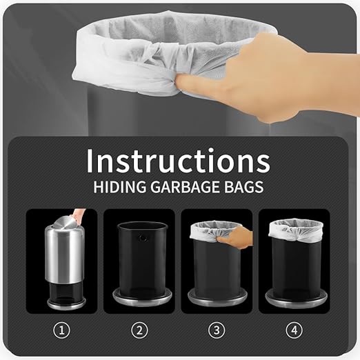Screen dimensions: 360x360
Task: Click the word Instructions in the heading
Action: pos(178,161)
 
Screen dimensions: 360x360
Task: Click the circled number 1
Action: pos(61,330)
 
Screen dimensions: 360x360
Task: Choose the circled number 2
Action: pos(139,330)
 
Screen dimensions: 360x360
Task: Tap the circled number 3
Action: pos(217,330)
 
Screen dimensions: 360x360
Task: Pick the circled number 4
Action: pos(294,330)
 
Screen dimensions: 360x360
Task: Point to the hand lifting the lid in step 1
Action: pos(79,215)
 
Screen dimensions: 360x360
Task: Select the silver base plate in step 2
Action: pos(142,297)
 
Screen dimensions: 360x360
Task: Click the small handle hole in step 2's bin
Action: pos(143,238)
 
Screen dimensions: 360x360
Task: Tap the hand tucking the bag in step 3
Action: pos(236,237)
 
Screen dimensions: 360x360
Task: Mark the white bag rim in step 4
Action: pos(296,230)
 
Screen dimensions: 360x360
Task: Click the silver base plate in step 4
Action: pos(296,299)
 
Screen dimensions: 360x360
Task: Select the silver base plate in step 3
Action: pos(217,298)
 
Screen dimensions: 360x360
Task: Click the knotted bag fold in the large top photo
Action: pos(161,55)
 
